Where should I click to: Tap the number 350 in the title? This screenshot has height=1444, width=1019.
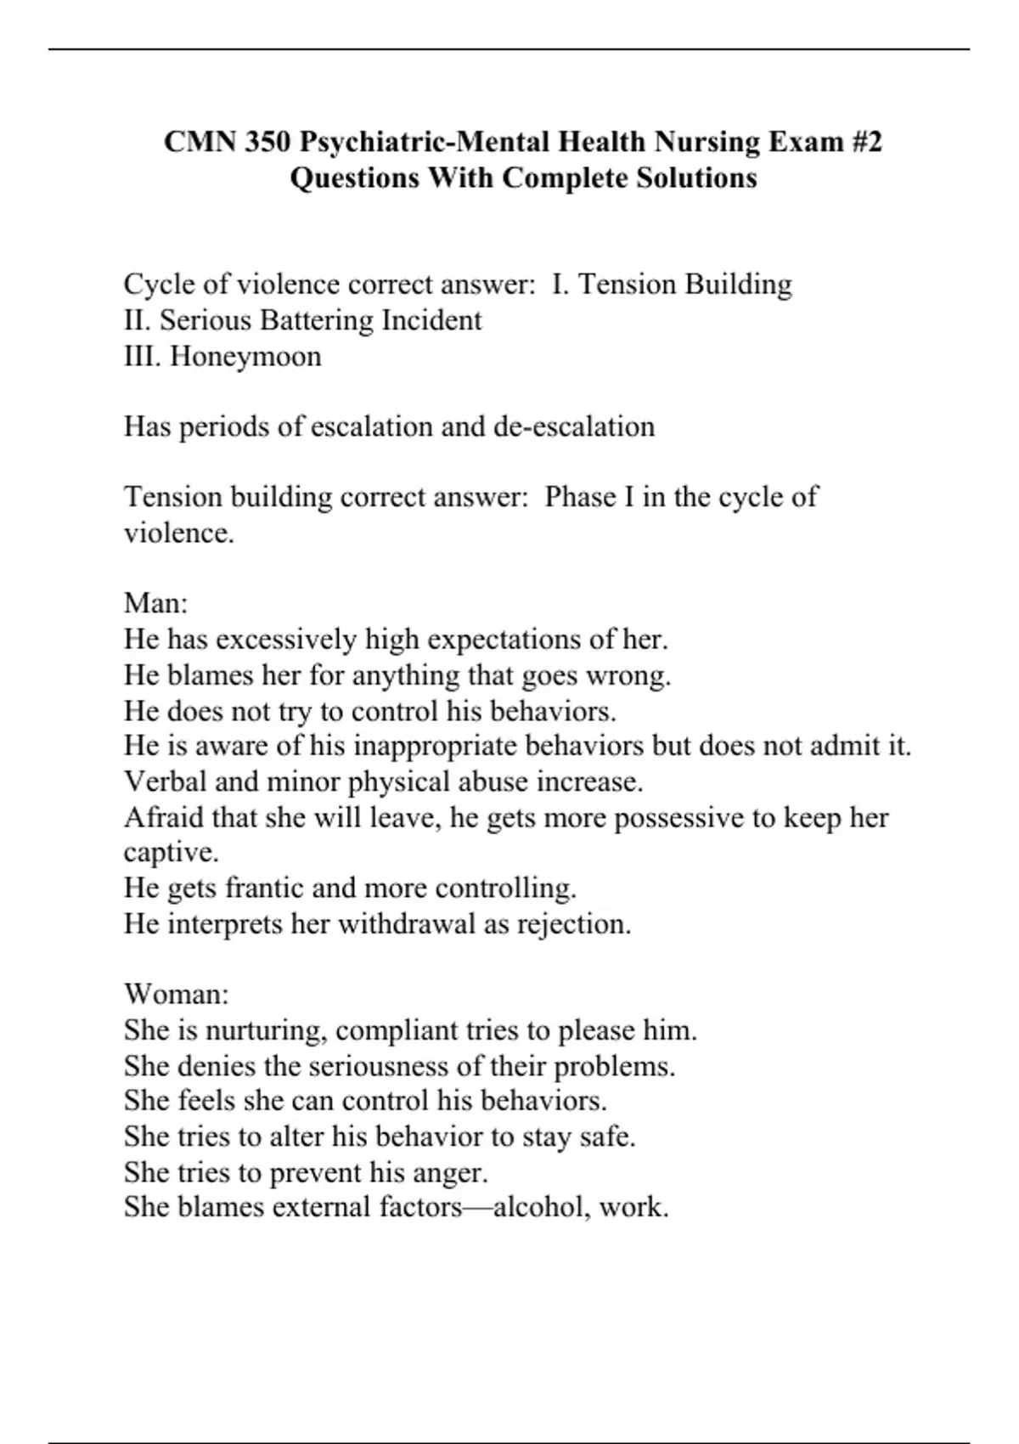[x=267, y=141]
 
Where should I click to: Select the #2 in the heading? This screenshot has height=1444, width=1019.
[x=864, y=141]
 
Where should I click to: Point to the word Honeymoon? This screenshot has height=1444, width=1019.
[x=245, y=356]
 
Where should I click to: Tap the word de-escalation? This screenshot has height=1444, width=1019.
[x=574, y=426]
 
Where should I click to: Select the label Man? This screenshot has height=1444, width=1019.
[x=155, y=603]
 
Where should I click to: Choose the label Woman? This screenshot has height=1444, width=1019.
[x=176, y=994]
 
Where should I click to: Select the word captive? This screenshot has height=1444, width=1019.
[x=170, y=852]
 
